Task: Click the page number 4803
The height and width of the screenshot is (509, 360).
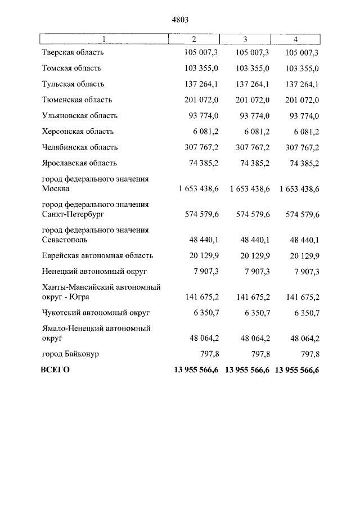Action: click(x=179, y=20)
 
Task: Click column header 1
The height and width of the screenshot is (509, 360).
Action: click(x=103, y=39)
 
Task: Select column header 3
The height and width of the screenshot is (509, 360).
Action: click(x=245, y=39)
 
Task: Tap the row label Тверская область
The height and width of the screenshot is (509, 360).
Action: click(x=73, y=52)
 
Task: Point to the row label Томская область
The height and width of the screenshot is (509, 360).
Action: click(x=71, y=68)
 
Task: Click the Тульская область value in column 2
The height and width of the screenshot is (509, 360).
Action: click(x=201, y=84)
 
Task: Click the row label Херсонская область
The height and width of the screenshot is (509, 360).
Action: click(x=78, y=132)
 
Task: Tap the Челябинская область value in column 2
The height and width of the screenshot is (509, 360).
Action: click(x=201, y=147)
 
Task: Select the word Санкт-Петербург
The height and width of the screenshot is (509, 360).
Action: click(x=73, y=214)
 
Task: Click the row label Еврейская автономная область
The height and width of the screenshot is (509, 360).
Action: click(x=97, y=255)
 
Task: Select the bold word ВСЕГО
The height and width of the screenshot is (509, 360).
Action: click(x=55, y=370)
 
